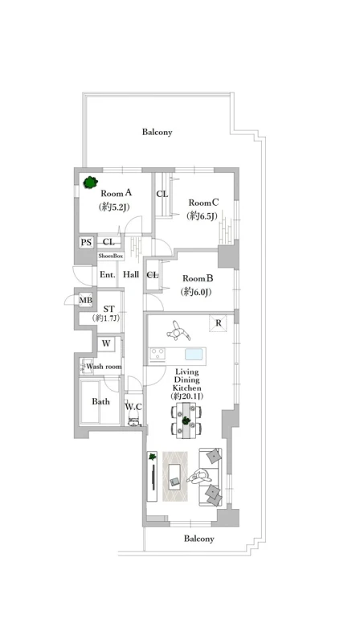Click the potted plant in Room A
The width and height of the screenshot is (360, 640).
pyautogui.click(x=90, y=182)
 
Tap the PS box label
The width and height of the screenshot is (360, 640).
pyautogui.click(x=86, y=243)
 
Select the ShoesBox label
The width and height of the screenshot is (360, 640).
pyautogui.click(x=110, y=256)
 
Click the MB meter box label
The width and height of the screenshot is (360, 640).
pyautogui.click(x=86, y=301)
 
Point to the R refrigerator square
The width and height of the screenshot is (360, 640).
pyautogui.click(x=219, y=323)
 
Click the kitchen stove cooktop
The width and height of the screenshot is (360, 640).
pyautogui.click(x=157, y=354)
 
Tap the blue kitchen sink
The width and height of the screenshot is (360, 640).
pyautogui.click(x=194, y=354)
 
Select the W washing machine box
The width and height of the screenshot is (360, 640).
pyautogui.click(x=106, y=343)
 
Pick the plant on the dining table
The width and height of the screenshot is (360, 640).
pyautogui.click(x=186, y=420)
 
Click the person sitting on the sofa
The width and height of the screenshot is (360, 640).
pyautogui.click(x=200, y=476)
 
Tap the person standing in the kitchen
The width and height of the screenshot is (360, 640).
pyautogui.click(x=178, y=331)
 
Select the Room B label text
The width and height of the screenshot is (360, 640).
pyautogui.click(x=198, y=279)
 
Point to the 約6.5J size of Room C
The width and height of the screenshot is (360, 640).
pyautogui.click(x=201, y=215)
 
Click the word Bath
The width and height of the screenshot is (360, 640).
pyautogui.click(x=100, y=402)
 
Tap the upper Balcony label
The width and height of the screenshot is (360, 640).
pyautogui.click(x=157, y=132)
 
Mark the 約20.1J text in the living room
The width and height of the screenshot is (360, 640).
pyautogui.click(x=187, y=396)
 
